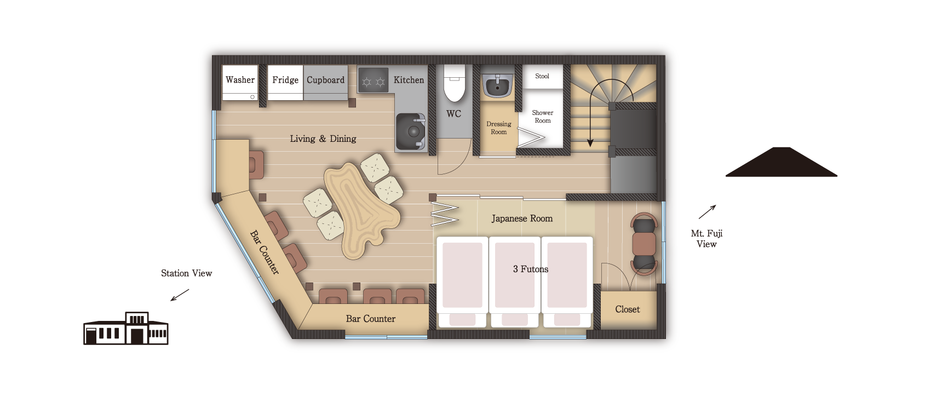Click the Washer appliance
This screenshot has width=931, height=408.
240,83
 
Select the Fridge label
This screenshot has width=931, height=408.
285,80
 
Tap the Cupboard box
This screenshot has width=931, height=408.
325,83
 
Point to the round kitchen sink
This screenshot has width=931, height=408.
411,131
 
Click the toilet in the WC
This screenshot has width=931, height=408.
455,83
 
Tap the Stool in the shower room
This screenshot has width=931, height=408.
542,77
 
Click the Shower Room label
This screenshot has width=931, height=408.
542,117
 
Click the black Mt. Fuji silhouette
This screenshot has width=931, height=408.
781,162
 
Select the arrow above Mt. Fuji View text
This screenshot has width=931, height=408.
707,212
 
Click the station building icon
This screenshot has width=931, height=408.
126,328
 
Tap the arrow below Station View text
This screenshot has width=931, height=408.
180,295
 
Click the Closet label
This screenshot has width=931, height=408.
628,309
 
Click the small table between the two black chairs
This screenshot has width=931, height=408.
644,244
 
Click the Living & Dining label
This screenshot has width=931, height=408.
323,139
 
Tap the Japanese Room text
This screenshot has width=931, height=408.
522,219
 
